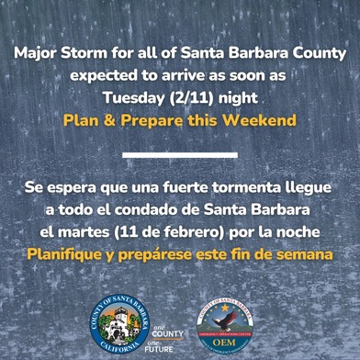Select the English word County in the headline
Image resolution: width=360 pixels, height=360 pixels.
(x=315, y=51)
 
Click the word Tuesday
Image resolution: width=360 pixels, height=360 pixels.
(x=131, y=95)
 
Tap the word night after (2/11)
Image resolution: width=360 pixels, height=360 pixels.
(x=234, y=95)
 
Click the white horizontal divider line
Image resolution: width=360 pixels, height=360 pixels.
(x=179, y=155)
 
